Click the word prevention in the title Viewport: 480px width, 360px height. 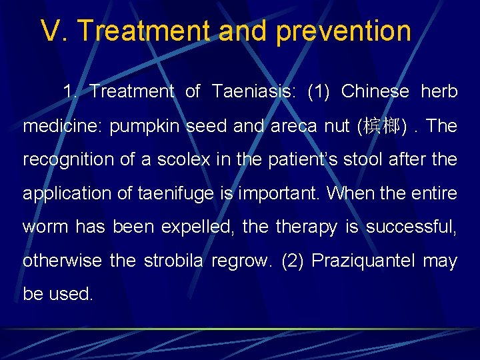tap(343, 31)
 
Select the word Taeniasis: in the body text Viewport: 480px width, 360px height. tap(255, 91)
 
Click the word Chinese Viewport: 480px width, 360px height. tap(375, 91)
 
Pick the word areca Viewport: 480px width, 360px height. tap(291, 126)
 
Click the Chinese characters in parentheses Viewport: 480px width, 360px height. tap(382, 126)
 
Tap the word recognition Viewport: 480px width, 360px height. tap(61, 160)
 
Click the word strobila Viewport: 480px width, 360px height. tap(173, 260)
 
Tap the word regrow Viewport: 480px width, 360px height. tap(242, 260)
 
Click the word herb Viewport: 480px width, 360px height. tap(439, 91)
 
